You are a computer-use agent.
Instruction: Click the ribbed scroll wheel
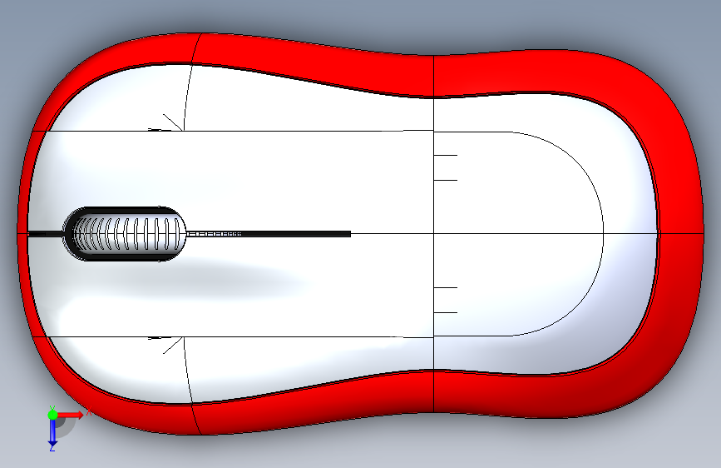tap(125, 234)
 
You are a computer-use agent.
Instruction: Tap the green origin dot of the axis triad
tap(52, 414)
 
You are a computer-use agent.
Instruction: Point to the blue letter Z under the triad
tap(52, 448)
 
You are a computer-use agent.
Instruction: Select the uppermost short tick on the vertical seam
tap(446, 155)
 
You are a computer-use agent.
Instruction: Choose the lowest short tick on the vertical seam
tap(446, 312)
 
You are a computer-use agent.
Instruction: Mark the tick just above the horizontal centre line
tap(446, 180)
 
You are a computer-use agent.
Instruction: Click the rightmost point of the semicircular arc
tap(602, 234)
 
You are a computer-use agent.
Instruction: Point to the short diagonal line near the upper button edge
tap(172, 122)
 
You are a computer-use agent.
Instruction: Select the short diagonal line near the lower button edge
tap(172, 346)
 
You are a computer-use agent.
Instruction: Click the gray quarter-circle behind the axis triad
tap(67, 425)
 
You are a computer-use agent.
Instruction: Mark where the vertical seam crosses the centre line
tap(434, 234)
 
